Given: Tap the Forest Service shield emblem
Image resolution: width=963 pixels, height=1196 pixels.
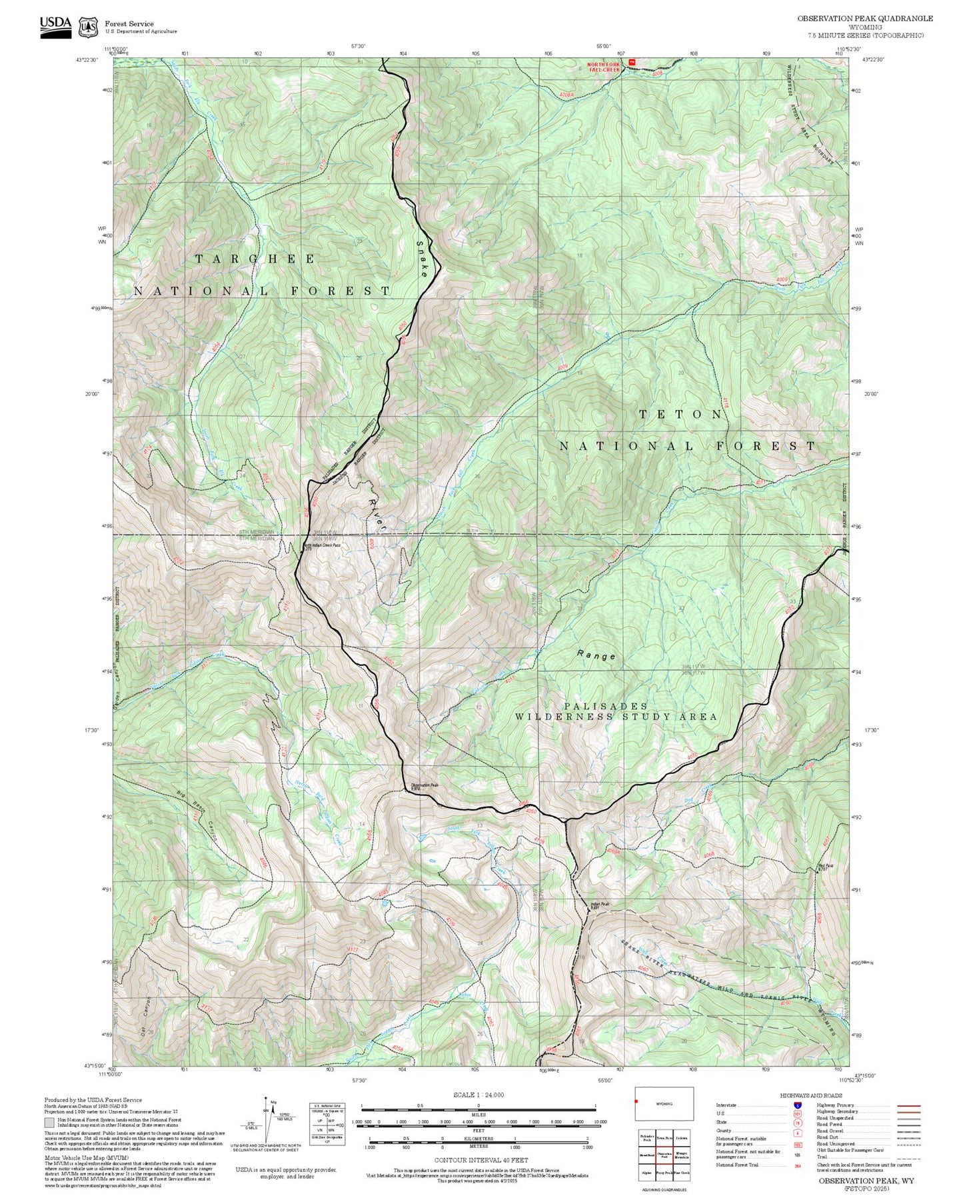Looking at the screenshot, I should (x=87, y=27).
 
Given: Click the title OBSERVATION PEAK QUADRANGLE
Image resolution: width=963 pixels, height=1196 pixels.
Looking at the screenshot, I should (x=864, y=19).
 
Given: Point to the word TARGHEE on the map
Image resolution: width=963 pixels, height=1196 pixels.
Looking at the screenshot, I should (x=255, y=259).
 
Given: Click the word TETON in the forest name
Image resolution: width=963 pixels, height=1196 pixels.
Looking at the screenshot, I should (x=680, y=414).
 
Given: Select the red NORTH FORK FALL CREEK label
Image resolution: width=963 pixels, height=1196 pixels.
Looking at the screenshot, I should (x=603, y=67).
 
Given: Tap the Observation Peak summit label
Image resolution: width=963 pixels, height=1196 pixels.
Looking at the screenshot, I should (x=425, y=786).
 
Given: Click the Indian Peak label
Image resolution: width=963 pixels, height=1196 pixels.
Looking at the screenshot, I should (x=600, y=905).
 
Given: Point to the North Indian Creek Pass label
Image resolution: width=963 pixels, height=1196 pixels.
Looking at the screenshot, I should (x=323, y=545).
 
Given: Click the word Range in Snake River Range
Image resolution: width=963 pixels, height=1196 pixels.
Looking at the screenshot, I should (x=596, y=656).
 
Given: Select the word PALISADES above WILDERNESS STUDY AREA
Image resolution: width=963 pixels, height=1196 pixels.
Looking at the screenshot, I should (x=605, y=705).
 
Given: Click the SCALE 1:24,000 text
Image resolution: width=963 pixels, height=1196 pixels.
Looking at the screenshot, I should (x=478, y=1095).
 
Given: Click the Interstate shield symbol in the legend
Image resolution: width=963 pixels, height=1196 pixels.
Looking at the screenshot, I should (x=797, y=1105).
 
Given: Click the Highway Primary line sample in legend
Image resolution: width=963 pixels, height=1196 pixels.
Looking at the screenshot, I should (x=909, y=1105).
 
